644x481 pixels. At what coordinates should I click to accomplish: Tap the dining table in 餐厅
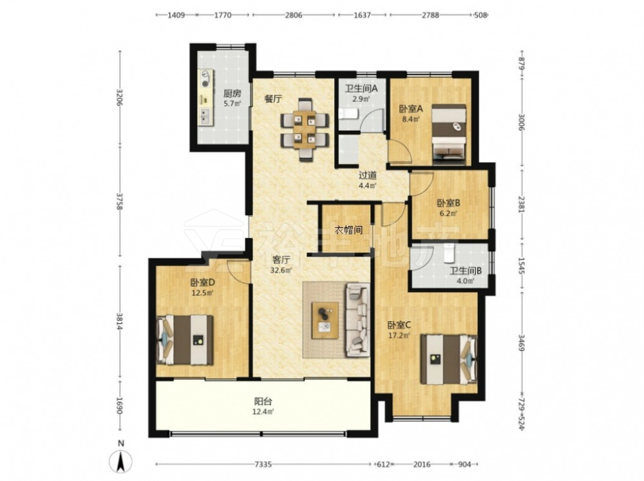305,129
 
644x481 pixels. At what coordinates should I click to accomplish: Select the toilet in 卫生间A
348,115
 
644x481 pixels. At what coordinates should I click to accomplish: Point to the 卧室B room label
448,203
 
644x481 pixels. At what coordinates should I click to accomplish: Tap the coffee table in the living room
325,321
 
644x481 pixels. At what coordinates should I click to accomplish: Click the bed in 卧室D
185,340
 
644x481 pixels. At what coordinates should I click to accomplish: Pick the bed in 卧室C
448,359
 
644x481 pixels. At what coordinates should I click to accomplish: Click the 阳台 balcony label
263,401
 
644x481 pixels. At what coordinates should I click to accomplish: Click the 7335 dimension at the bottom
263,464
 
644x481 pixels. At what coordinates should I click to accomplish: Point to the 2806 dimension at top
294,15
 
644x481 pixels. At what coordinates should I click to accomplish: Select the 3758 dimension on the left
120,202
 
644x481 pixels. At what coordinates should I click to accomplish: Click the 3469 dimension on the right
521,343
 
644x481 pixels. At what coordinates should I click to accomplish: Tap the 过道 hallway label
368,175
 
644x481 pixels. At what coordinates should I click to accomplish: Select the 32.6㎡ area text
281,270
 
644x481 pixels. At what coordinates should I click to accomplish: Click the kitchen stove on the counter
205,79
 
